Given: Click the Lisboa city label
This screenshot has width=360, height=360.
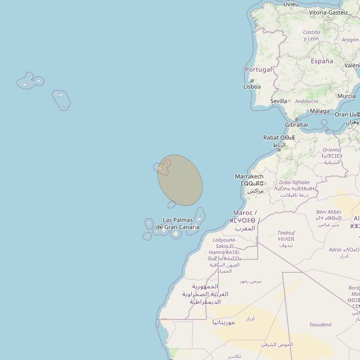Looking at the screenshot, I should point(252,87).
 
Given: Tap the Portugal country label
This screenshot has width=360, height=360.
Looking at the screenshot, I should point(258,70).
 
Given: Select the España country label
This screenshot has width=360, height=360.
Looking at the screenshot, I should point(322,61).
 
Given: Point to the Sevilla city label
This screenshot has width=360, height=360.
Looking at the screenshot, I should point(279,101).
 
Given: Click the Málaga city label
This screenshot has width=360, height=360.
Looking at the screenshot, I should point(320,111).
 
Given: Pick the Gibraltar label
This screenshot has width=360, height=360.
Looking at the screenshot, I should point(297,124).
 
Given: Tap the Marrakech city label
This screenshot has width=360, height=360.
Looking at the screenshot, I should point(249,177).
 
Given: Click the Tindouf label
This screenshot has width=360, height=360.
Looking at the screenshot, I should point(286,233).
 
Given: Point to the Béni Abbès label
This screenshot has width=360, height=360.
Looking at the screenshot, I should point(328,212).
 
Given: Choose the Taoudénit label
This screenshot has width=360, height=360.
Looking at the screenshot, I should point(320,325).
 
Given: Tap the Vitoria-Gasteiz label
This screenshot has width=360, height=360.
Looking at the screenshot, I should point(328,12).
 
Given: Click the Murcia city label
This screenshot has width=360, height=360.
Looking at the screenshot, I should point(347,96).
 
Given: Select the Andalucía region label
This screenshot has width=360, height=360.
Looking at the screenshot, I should point(306,102).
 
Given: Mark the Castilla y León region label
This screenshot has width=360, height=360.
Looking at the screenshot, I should point(311,35).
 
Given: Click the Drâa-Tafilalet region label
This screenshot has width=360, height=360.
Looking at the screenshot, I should point(294,183).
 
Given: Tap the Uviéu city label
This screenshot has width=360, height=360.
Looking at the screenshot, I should point(291,4).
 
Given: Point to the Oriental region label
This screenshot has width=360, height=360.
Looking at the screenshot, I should point(332,150).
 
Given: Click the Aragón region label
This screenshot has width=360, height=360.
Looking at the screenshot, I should point(350,40).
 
